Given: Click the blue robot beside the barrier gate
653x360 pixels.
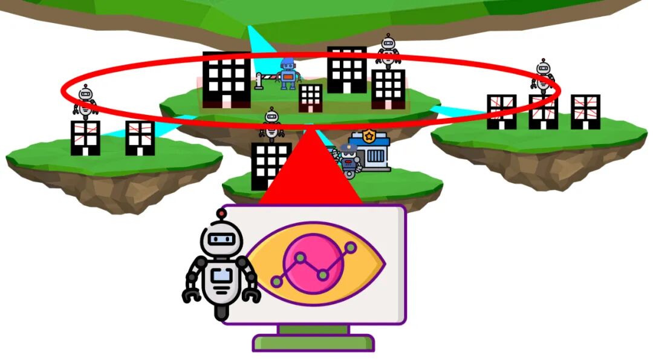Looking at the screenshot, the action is click(288, 73).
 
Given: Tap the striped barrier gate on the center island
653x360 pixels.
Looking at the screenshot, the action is click(265, 79).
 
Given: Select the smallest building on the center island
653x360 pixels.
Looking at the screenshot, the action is click(311, 97).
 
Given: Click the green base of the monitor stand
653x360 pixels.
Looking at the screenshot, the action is click(313, 343).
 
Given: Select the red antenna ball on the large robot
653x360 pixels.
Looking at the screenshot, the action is click(221, 213).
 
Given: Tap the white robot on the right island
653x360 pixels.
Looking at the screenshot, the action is click(543, 75).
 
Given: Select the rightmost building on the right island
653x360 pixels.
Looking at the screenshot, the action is click(585, 112).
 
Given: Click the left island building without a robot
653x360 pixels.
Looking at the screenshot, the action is click(140, 138).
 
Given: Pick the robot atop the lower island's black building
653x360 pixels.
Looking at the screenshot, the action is click(271, 124).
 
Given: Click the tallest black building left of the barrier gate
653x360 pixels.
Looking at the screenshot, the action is click(226, 79).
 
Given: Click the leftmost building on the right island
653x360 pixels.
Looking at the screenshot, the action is click(501, 112).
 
